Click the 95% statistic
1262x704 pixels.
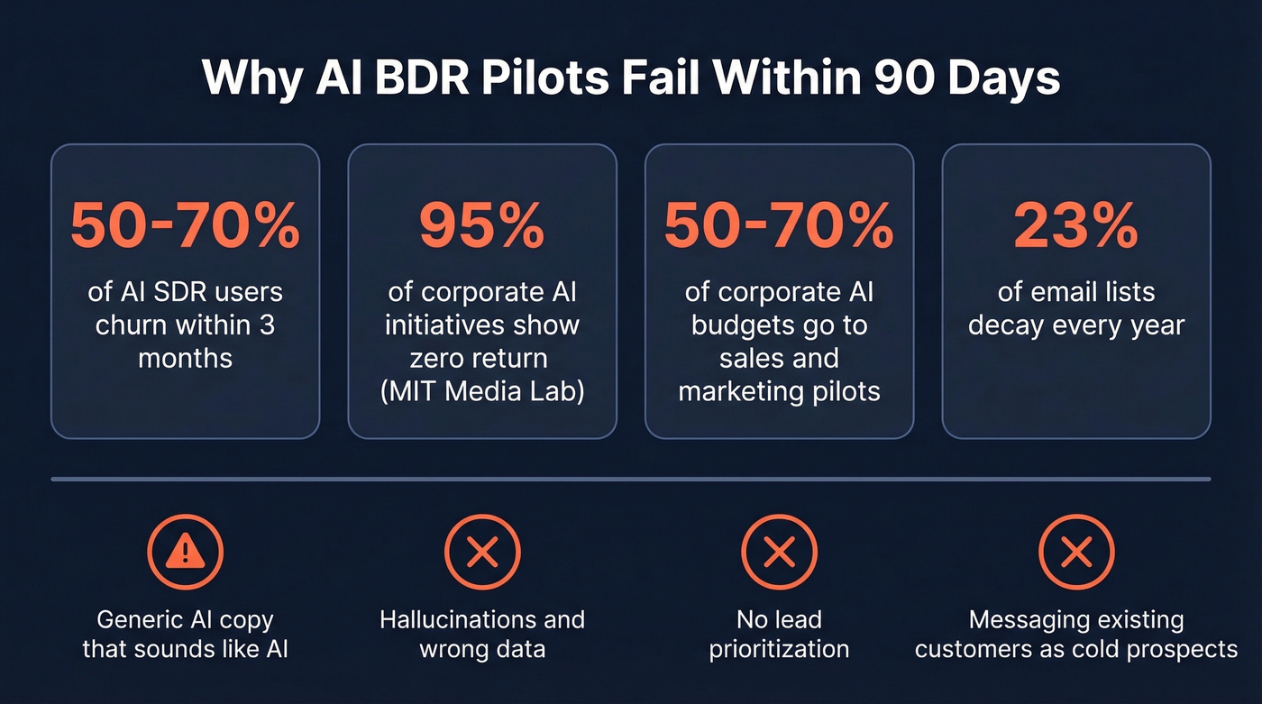point(482,225)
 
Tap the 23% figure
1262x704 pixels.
point(1076,225)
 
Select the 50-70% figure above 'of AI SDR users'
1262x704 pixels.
point(185,225)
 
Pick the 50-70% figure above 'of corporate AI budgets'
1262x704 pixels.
point(779,225)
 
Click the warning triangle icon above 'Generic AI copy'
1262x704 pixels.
point(185,552)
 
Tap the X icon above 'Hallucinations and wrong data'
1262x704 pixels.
point(482,552)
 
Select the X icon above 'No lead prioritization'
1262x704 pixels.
point(779,552)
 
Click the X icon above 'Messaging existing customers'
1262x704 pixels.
point(1076,552)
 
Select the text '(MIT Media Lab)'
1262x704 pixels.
point(482,391)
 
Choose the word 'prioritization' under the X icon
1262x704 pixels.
point(779,649)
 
